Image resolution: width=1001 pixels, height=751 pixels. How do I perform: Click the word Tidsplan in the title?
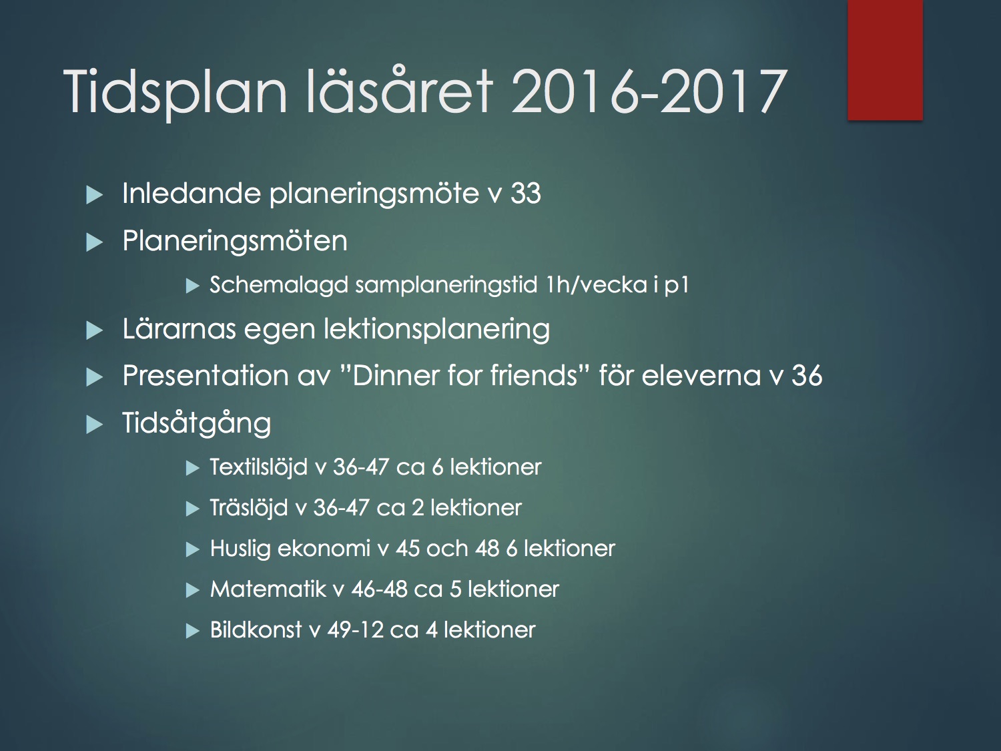point(175,92)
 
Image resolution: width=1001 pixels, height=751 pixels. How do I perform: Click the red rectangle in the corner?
point(885,59)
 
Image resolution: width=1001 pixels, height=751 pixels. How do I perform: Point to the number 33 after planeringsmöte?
point(525,194)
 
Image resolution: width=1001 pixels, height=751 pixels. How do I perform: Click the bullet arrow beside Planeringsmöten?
point(94,242)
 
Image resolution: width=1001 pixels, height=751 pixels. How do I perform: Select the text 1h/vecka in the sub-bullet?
point(595,285)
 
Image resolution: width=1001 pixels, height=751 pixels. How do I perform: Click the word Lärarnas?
point(180,328)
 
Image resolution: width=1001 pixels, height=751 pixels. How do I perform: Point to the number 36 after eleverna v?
point(807,376)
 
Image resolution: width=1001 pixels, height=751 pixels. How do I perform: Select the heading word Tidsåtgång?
point(197,424)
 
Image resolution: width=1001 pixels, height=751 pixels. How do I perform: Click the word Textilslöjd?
point(258,467)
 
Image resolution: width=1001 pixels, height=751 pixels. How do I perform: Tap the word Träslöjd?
point(249,508)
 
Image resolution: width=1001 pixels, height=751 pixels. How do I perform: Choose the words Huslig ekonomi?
point(290,549)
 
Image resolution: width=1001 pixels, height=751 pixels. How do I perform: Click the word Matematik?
point(268,589)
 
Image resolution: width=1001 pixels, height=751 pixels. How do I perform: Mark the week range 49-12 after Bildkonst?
point(356,630)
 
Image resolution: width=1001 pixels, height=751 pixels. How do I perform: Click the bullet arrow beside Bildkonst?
point(193,632)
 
